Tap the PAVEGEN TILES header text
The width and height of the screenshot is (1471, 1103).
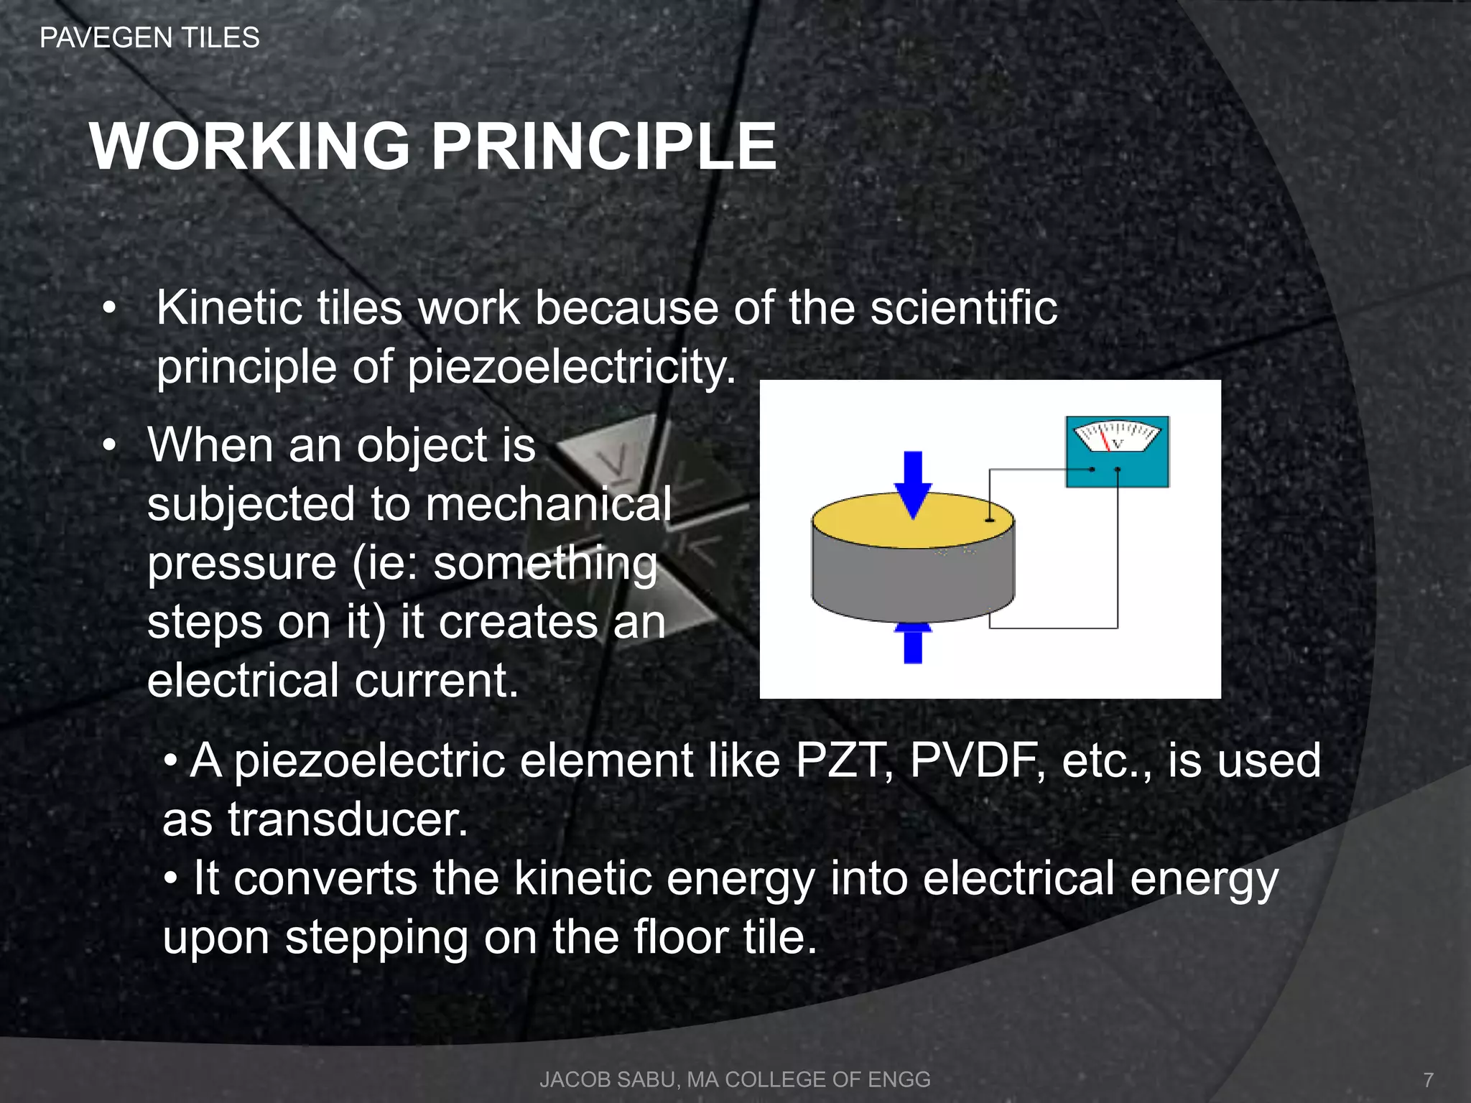point(149,37)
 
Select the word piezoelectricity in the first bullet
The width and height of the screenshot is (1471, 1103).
point(571,368)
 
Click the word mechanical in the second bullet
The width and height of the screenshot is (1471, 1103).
point(549,504)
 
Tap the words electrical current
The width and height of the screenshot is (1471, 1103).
point(332,681)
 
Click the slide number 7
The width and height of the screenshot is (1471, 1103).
point(1429,1079)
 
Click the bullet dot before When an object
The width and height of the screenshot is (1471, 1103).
point(108,446)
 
